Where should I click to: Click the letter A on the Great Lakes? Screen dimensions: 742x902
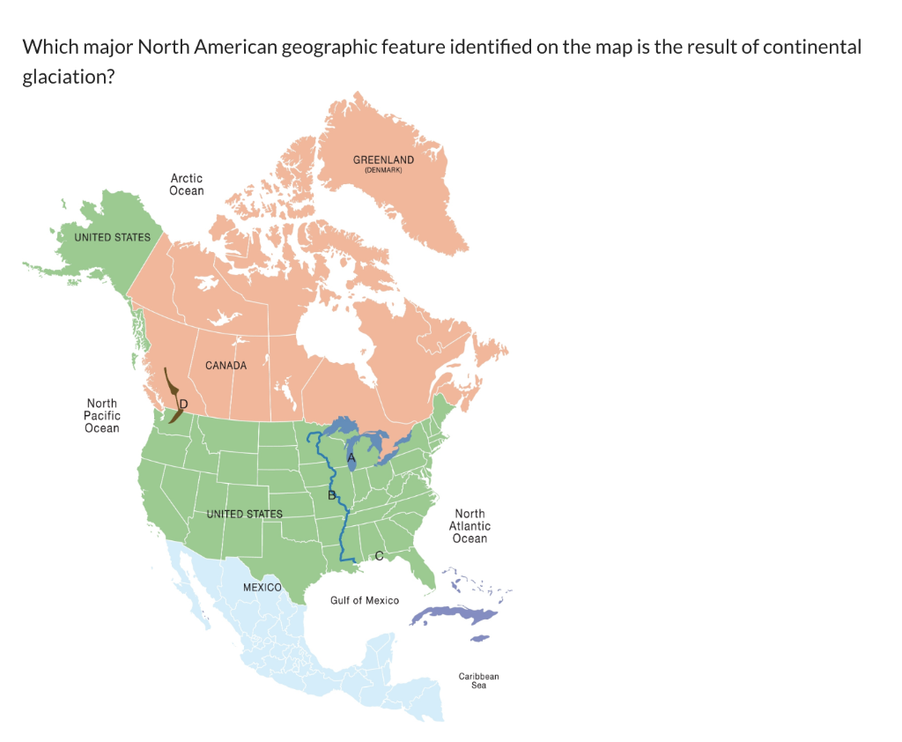tap(351, 459)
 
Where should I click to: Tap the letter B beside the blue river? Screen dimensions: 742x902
tap(330, 496)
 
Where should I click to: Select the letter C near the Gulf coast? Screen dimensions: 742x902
tap(379, 555)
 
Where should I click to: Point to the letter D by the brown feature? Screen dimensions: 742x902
tap(183, 404)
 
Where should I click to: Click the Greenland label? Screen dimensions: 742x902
tap(383, 160)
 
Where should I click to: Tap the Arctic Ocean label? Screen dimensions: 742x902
tap(187, 184)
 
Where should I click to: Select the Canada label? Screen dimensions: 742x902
tap(226, 365)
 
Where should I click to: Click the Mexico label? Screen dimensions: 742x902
tap(262, 587)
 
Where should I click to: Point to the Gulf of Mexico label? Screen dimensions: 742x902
tap(365, 600)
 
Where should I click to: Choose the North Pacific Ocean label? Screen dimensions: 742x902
tap(102, 416)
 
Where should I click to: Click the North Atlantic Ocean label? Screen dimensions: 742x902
tap(469, 526)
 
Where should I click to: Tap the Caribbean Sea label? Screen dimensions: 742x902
tap(478, 680)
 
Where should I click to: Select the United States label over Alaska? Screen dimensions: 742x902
tap(112, 237)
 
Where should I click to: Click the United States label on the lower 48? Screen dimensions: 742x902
tap(244, 514)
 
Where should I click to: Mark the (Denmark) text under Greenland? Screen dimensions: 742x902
tap(383, 169)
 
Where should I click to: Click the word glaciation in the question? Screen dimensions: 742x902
tap(69, 78)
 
